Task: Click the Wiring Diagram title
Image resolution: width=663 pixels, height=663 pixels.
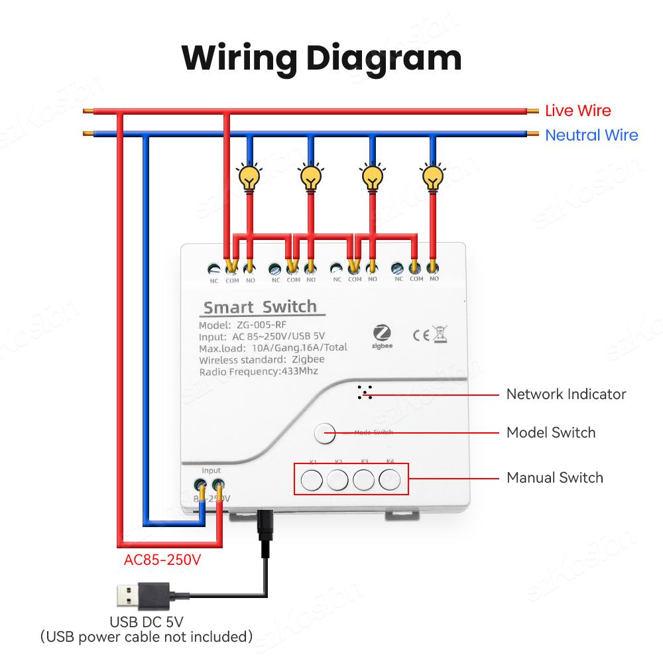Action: (x=322, y=58)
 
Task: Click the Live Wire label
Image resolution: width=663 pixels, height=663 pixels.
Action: (x=577, y=111)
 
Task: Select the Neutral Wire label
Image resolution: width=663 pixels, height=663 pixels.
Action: (x=591, y=135)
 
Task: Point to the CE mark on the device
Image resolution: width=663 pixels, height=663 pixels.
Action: (x=421, y=335)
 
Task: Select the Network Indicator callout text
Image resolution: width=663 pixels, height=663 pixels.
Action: (x=566, y=394)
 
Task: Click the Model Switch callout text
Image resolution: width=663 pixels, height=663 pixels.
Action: (x=550, y=433)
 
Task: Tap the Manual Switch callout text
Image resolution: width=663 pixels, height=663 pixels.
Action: (x=554, y=477)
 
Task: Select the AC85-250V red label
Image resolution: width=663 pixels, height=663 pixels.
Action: (x=162, y=560)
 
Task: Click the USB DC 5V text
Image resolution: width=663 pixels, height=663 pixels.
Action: (x=147, y=621)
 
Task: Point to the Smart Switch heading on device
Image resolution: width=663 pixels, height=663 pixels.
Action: (x=259, y=308)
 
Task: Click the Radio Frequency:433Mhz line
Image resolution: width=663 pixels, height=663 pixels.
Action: (x=259, y=371)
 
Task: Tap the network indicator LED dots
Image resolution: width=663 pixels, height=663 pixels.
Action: (x=363, y=392)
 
